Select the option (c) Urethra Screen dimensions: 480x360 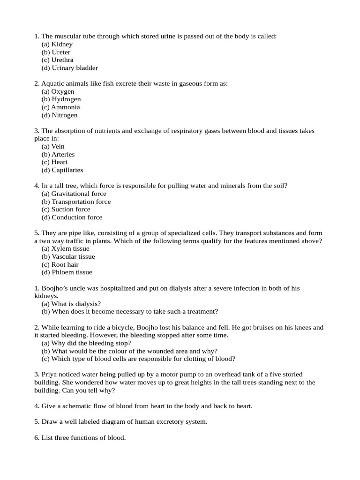tap(57, 60)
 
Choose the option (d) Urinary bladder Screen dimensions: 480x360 tap(69, 68)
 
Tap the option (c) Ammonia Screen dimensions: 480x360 tap(60, 107)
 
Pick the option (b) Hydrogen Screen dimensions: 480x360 tap(61, 99)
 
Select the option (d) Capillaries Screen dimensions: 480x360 tap(62, 170)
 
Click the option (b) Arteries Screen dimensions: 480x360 tap(58, 154)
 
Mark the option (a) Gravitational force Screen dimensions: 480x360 tap(74, 194)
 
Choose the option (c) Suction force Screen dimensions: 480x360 tap(66, 210)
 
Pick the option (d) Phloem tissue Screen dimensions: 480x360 tap(67, 272)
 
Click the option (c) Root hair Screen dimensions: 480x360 tap(60, 264)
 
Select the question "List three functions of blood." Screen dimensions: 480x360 tap(80, 438)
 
